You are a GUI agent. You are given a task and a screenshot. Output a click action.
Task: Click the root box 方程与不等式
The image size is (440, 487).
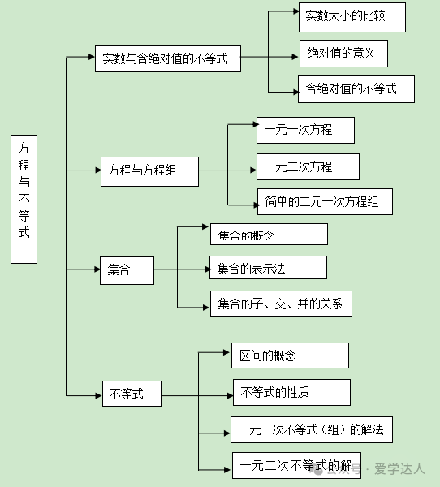[x=24, y=199]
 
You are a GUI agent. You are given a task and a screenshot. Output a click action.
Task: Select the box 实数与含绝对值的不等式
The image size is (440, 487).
[x=168, y=58]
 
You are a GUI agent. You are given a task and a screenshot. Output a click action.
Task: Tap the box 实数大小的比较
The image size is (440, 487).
[x=352, y=17]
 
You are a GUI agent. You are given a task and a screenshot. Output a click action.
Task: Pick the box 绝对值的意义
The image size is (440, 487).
[x=343, y=54]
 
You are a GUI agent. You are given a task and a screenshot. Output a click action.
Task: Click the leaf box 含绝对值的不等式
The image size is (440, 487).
[x=356, y=89]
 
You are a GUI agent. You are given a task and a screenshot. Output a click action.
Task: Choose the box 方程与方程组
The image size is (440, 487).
[x=149, y=171]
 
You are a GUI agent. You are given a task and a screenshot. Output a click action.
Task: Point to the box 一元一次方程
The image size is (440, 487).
[x=305, y=130]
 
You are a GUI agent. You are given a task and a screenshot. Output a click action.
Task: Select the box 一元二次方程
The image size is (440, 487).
[x=308, y=166]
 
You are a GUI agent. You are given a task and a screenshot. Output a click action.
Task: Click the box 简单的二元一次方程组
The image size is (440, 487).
[x=325, y=201]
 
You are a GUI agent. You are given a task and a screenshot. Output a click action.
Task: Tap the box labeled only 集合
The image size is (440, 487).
[x=127, y=270]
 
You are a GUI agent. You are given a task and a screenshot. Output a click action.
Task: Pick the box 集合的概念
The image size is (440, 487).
[x=269, y=235]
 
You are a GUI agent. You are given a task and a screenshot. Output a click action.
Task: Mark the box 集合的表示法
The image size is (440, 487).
[x=268, y=267]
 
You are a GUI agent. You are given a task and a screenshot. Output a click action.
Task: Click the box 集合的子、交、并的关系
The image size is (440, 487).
[x=281, y=304]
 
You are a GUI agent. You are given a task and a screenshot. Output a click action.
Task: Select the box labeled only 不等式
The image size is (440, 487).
[x=132, y=394]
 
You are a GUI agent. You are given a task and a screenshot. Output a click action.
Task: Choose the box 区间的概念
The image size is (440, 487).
[x=291, y=356]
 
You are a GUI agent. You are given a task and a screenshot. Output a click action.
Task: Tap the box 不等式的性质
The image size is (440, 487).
[x=291, y=392]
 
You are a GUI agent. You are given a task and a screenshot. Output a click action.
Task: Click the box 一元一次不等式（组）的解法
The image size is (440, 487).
[x=312, y=430]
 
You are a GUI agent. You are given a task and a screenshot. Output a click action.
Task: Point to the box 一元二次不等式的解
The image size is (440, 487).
[x=297, y=465]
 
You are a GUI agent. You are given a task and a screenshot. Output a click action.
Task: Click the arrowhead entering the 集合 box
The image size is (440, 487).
[x=97, y=269]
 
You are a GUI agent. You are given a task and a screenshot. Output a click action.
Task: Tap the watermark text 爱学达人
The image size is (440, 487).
[x=399, y=468]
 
